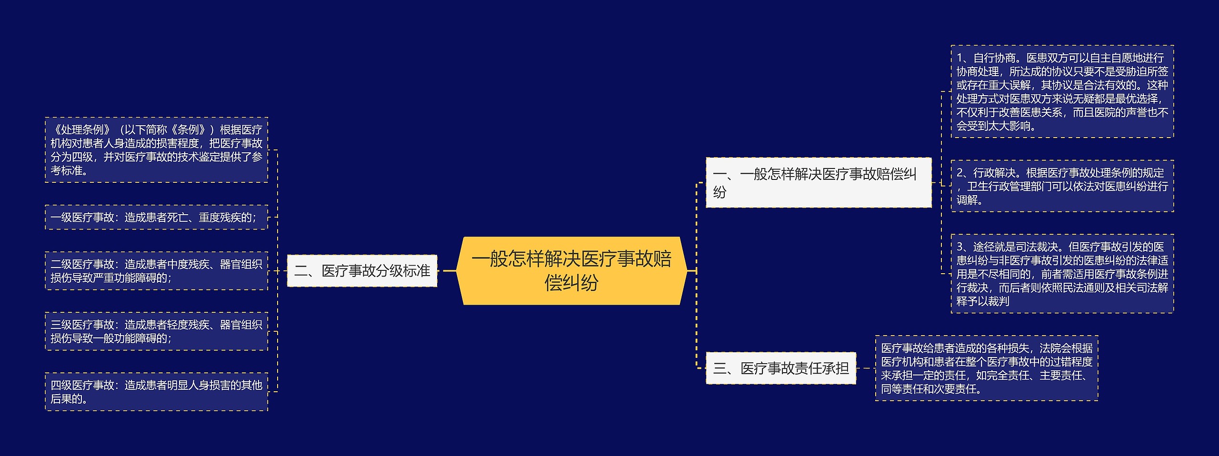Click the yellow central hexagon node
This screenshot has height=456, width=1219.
[571, 270]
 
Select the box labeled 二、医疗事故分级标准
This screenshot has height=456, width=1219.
[362, 271]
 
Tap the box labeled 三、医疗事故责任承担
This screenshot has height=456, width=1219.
[780, 368]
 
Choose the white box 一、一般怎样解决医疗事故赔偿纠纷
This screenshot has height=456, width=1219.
[818, 182]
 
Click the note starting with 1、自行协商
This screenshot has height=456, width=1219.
[1062, 92]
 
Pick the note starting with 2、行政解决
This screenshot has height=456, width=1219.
[1062, 186]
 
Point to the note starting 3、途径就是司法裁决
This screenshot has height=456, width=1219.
[1062, 274]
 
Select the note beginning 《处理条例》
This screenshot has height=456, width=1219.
[156, 150]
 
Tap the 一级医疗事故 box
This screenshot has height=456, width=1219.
[156, 218]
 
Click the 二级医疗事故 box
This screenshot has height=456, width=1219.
[156, 271]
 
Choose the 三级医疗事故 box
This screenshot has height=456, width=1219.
[156, 331]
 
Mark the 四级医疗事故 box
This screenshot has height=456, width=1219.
[156, 392]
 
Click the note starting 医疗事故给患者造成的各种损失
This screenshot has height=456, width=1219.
[986, 368]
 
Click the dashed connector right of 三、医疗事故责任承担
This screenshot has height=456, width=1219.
[866, 368]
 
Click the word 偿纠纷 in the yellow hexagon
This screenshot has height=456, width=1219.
[571, 283]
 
